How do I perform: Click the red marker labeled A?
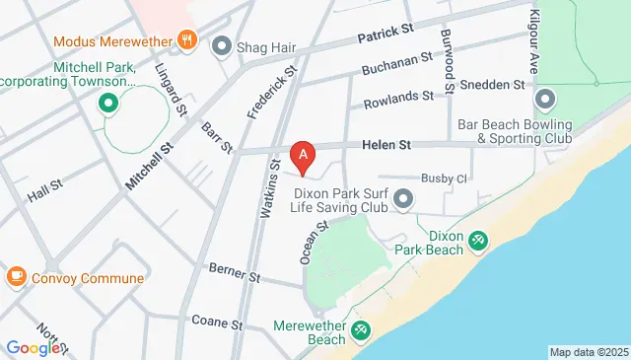click(304, 153)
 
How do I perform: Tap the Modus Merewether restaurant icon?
click(187, 41)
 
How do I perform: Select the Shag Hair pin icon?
click(221, 45)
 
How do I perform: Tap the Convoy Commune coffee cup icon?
click(16, 277)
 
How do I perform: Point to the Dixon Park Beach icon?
click(478, 239)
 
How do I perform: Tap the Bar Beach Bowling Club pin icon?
click(545, 100)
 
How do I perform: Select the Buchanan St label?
click(396, 67)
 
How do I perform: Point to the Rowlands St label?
click(397, 97)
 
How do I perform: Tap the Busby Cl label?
click(443, 178)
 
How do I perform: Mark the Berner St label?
click(234, 272)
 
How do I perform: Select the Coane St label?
click(217, 323)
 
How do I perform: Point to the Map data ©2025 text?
click(589, 352)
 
